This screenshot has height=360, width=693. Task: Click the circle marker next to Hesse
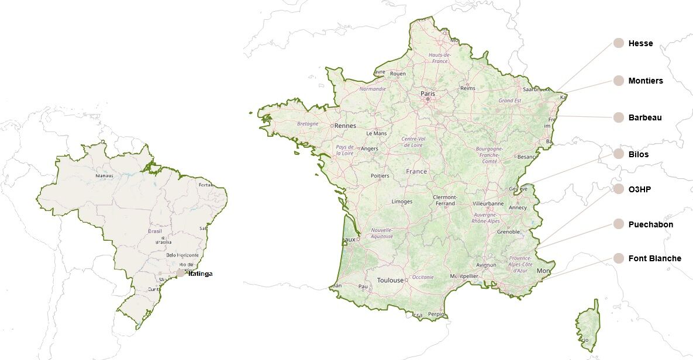tap(619, 43)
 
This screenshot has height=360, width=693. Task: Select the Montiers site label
tap(646, 81)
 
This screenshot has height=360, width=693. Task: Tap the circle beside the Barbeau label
tap(619, 117)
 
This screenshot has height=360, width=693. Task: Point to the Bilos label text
tap(638, 154)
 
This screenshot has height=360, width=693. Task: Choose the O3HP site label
tap(640, 189)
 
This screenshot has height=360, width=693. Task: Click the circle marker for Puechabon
tap(619, 224)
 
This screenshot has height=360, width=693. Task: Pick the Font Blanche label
tap(654, 258)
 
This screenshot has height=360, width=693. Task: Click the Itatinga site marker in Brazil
tap(181, 273)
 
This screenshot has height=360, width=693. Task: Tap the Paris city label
tap(427, 94)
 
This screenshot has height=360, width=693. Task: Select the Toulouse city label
tap(390, 280)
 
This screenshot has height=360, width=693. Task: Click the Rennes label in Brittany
tap(345, 125)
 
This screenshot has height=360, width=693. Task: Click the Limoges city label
tap(402, 202)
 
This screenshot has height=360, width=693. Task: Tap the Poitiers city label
tap(380, 176)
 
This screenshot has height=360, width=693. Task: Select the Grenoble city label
tap(508, 231)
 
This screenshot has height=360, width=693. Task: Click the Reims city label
tap(468, 88)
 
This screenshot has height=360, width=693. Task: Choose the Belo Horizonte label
tap(182, 255)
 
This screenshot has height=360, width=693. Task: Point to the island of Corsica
tap(588, 324)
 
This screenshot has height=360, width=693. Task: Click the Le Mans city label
tap(376, 133)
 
